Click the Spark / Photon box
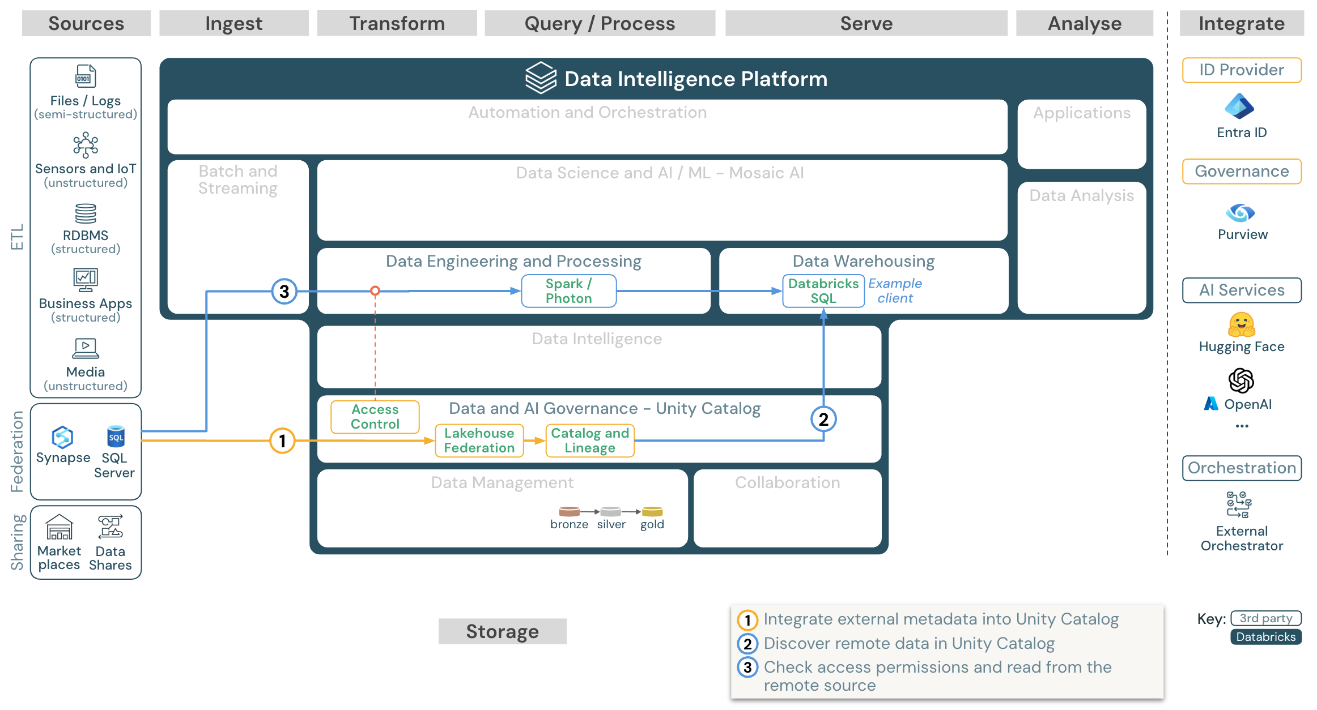[568, 291]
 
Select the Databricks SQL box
[823, 291]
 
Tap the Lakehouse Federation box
[479, 440]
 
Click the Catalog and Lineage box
[589, 440]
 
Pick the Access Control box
[375, 417]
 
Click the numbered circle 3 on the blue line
[284, 291]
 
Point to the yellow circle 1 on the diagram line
[282, 440]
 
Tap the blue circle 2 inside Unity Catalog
[823, 419]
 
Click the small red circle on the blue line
[375, 291]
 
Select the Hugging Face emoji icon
[1241, 324]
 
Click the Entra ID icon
[1239, 106]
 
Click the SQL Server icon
[116, 437]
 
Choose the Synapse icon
[62, 437]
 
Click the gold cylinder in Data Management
[652, 512]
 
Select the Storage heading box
[502, 631]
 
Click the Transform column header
[397, 23]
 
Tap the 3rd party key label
[1265, 618]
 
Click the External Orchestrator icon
[1239, 504]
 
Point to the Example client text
[895, 291]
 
